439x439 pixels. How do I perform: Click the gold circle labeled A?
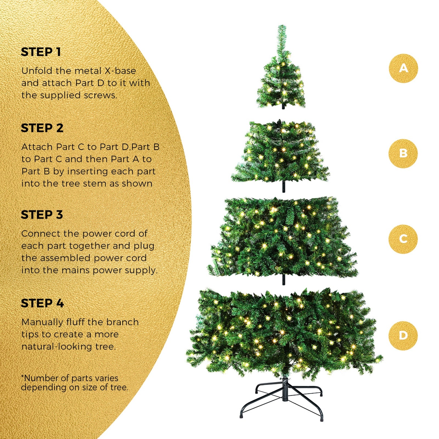(x=403, y=68)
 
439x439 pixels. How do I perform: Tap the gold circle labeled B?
(x=403, y=153)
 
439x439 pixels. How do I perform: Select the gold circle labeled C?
(x=403, y=239)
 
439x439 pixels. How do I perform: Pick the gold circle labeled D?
(x=403, y=336)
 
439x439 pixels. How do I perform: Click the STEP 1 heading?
(x=41, y=52)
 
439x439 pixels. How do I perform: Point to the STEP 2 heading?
(x=42, y=128)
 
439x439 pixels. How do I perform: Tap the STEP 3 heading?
(x=42, y=215)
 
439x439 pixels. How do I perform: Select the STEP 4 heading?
(x=42, y=303)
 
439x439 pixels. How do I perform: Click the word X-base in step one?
(x=120, y=71)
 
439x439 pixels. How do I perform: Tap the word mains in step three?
(x=76, y=270)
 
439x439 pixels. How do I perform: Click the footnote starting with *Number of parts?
(x=74, y=383)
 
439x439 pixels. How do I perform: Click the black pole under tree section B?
(x=283, y=187)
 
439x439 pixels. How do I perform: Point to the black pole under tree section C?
(x=283, y=280)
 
